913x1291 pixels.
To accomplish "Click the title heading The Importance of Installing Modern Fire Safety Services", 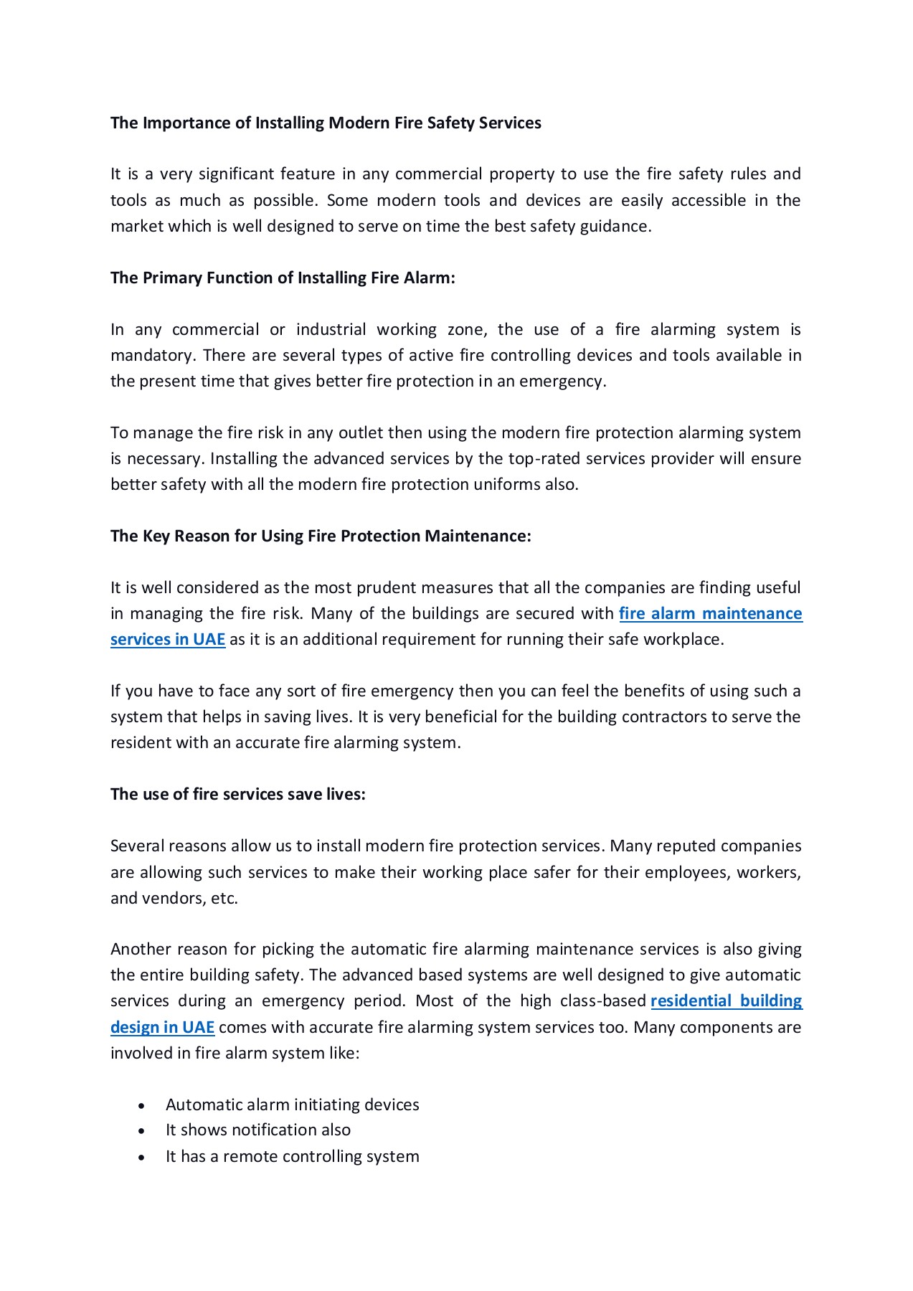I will point(326,123).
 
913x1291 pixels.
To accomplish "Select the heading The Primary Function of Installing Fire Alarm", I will point(283,278).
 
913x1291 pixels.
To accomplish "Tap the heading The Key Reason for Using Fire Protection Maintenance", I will point(321,536).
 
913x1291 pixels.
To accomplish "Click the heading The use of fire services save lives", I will point(237,794).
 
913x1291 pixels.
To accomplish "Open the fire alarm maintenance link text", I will point(710,613).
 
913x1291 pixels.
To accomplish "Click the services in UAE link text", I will point(168,639).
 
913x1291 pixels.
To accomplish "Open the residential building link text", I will point(726,1001).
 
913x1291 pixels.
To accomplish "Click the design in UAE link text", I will point(163,1027).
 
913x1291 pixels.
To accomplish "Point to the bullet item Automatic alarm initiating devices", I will point(292,1105).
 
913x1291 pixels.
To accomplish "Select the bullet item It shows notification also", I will point(257,1130).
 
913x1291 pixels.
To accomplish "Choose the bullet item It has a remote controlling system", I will point(292,1156).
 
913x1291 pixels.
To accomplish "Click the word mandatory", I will point(152,356).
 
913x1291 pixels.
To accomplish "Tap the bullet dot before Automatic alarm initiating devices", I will point(142,1106).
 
